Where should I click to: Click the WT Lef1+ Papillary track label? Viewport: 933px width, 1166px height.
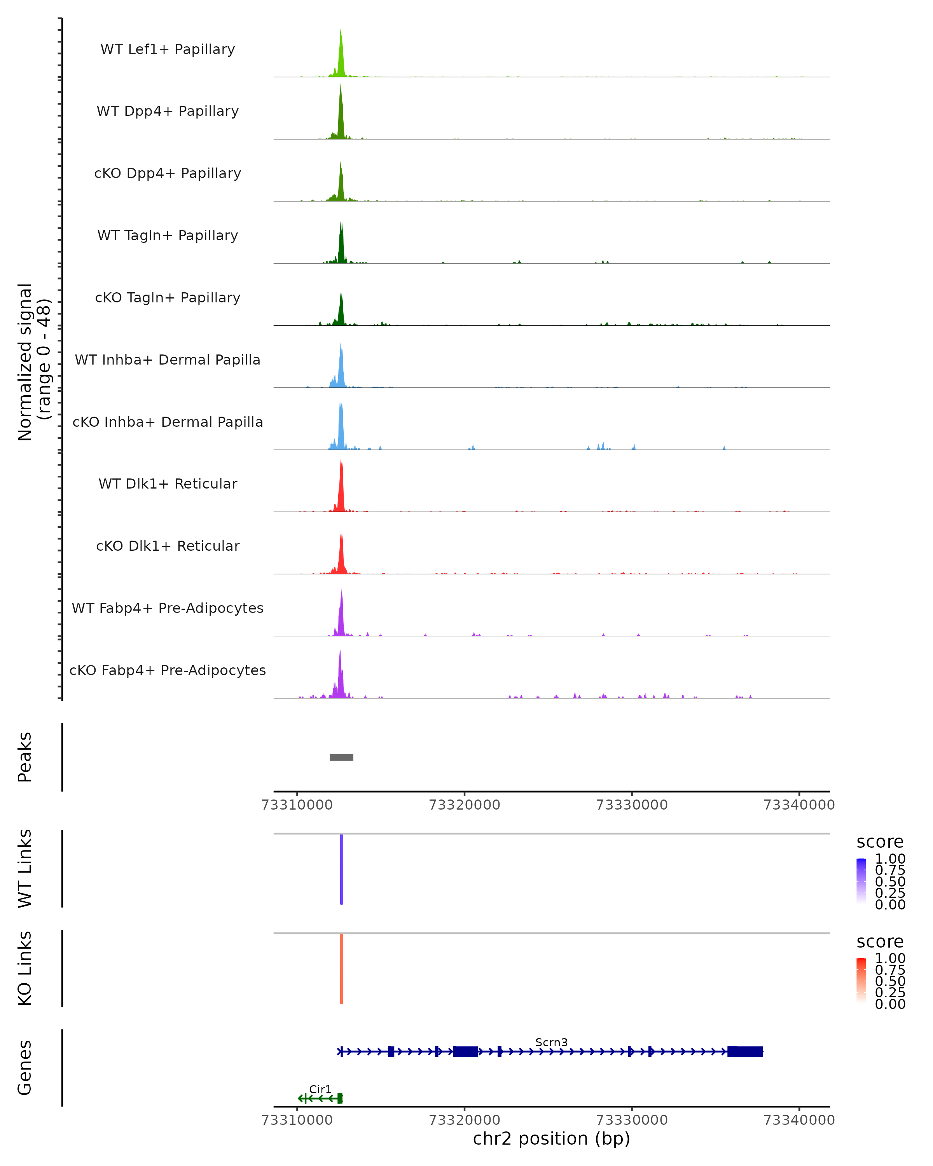[x=168, y=49]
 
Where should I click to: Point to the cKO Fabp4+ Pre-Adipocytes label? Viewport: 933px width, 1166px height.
[x=168, y=670]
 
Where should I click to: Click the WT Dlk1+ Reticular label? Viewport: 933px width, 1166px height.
[x=168, y=484]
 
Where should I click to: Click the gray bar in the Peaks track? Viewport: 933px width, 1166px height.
[x=341, y=757]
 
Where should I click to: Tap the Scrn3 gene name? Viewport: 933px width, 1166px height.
[x=551, y=1042]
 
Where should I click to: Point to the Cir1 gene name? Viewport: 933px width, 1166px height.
[x=320, y=1089]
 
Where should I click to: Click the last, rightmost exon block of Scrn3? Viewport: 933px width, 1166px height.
[x=745, y=1051]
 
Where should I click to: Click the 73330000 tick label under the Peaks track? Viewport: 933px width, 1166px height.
[x=631, y=805]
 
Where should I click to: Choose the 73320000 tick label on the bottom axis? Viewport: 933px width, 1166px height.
[x=464, y=1120]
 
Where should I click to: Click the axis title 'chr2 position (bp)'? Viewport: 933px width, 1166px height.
[x=551, y=1139]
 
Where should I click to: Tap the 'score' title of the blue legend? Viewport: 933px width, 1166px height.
[x=879, y=842]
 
